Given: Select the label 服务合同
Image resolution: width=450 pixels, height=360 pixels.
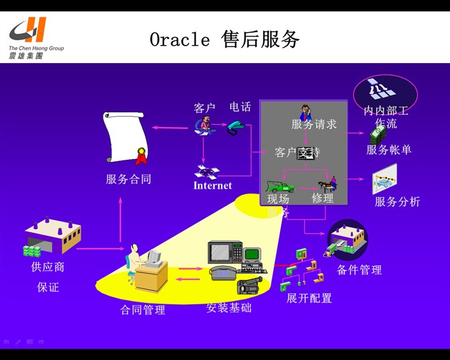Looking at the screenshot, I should [128, 179].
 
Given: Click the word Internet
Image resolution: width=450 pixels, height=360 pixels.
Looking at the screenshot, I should [212, 185].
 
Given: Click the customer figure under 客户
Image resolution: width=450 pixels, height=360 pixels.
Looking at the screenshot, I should [205, 126].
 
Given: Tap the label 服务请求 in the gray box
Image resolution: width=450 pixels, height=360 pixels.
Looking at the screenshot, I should [314, 124].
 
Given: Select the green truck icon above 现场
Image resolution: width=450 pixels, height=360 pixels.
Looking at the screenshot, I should [281, 183].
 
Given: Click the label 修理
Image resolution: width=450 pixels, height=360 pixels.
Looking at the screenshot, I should [322, 198].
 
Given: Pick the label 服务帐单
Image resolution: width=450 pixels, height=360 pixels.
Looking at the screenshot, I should [389, 150].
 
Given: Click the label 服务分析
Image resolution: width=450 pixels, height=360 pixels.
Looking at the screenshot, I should [397, 201].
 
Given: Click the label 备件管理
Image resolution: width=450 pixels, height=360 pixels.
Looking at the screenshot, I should [359, 270].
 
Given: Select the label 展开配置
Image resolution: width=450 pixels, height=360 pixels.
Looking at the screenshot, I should [309, 298].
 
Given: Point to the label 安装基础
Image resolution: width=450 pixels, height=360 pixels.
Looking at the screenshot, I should [229, 308].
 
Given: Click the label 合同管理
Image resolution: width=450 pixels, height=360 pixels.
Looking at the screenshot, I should [142, 310].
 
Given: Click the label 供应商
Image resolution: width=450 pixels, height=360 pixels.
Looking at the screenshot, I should [48, 267].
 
